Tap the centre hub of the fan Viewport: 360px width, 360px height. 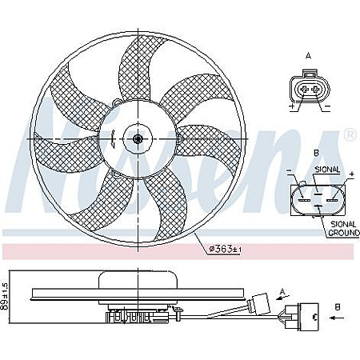[138, 138]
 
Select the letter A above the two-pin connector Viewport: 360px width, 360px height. [308, 56]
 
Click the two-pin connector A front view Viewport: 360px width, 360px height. [308, 89]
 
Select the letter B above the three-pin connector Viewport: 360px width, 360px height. [316, 152]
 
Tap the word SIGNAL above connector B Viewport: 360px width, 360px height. [328, 170]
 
